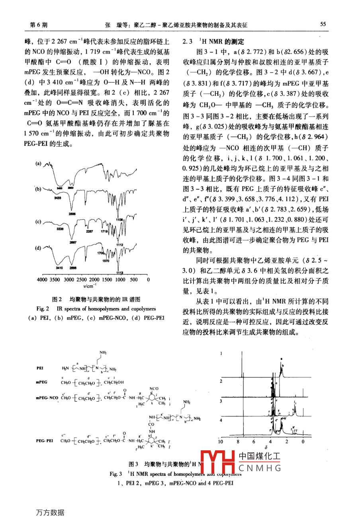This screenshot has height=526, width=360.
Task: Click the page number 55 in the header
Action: click(x=323, y=24)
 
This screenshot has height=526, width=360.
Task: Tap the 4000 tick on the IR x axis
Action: click(x=42, y=279)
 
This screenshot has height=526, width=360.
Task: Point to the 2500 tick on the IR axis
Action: click(x=82, y=279)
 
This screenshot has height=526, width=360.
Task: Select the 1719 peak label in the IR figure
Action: click(x=104, y=231)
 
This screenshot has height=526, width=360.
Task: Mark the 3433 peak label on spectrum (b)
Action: click(x=58, y=197)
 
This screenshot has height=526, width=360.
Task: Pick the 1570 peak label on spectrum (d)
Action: click(x=106, y=261)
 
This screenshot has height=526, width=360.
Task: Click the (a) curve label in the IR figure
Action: click(x=39, y=163)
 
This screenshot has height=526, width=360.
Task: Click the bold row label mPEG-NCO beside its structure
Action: click(x=47, y=398)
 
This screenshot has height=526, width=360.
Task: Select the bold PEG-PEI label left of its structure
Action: click(x=44, y=441)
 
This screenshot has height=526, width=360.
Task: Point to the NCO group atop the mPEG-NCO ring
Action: click(x=154, y=389)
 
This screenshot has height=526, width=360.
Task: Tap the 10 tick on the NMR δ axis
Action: click(x=221, y=442)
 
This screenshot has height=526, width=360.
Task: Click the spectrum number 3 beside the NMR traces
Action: click(x=221, y=401)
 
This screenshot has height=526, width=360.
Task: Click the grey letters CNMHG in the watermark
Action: click(x=260, y=468)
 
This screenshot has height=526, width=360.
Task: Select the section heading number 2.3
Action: click(x=187, y=41)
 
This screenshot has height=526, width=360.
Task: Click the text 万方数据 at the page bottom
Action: click(x=49, y=512)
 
